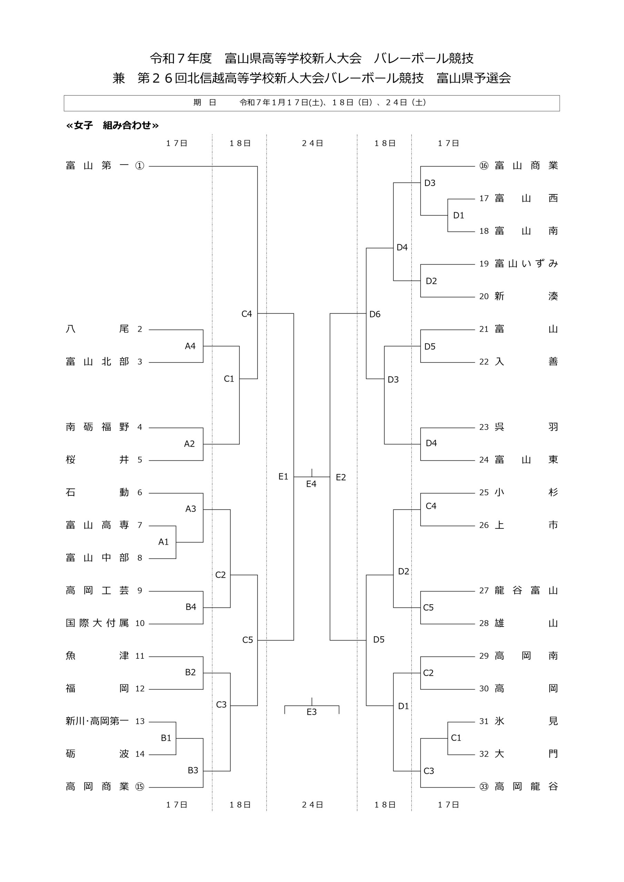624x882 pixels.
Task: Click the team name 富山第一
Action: tap(97, 166)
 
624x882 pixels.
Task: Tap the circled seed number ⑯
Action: tap(484, 166)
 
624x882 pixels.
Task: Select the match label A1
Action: tap(163, 542)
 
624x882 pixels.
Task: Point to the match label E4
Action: tap(311, 484)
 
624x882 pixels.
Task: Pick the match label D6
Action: tap(374, 314)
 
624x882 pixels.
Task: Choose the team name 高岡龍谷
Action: tap(526, 786)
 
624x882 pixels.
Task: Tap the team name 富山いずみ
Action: tap(526, 264)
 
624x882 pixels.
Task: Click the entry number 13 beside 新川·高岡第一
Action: tap(140, 721)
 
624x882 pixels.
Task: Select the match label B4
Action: tap(191, 607)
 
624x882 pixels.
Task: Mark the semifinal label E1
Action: tap(283, 477)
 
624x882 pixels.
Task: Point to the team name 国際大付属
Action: tap(97, 623)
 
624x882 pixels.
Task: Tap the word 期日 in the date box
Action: tap(204, 103)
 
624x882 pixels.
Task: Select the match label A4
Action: tap(190, 346)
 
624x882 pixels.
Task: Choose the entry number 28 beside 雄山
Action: tap(484, 623)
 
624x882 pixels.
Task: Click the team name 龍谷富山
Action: tap(526, 591)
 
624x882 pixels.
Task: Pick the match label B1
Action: tap(166, 738)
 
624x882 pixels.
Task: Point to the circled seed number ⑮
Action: tap(140, 786)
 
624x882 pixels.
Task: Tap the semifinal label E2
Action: tap(341, 477)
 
